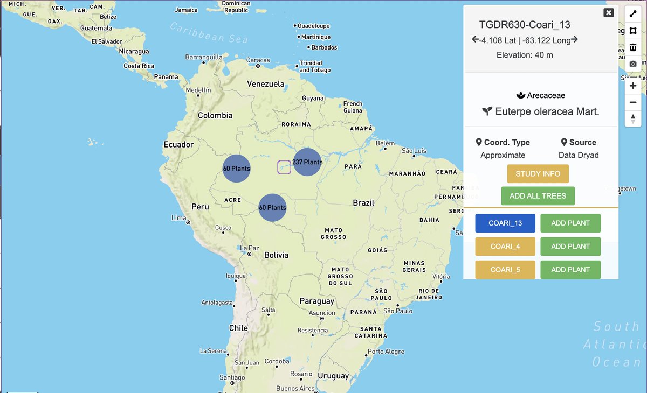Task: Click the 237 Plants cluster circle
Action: tap(307, 162)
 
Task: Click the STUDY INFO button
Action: tap(538, 174)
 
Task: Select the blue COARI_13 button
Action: tap(505, 223)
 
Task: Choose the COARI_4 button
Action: tap(505, 246)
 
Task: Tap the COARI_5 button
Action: tap(505, 270)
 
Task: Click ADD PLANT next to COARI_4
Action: tap(570, 246)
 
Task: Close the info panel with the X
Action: tap(609, 13)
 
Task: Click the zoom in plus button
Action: tap(633, 86)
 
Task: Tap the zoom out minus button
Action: tap(633, 102)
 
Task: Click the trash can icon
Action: tap(633, 47)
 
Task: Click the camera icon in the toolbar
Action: tap(633, 64)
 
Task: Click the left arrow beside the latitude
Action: tap(475, 39)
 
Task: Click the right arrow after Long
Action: tap(575, 39)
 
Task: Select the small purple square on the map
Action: tap(284, 167)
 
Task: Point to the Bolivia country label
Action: tap(276, 255)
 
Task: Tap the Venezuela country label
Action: tap(265, 84)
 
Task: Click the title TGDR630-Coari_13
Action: tap(525, 25)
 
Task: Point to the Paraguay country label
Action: tap(316, 301)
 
